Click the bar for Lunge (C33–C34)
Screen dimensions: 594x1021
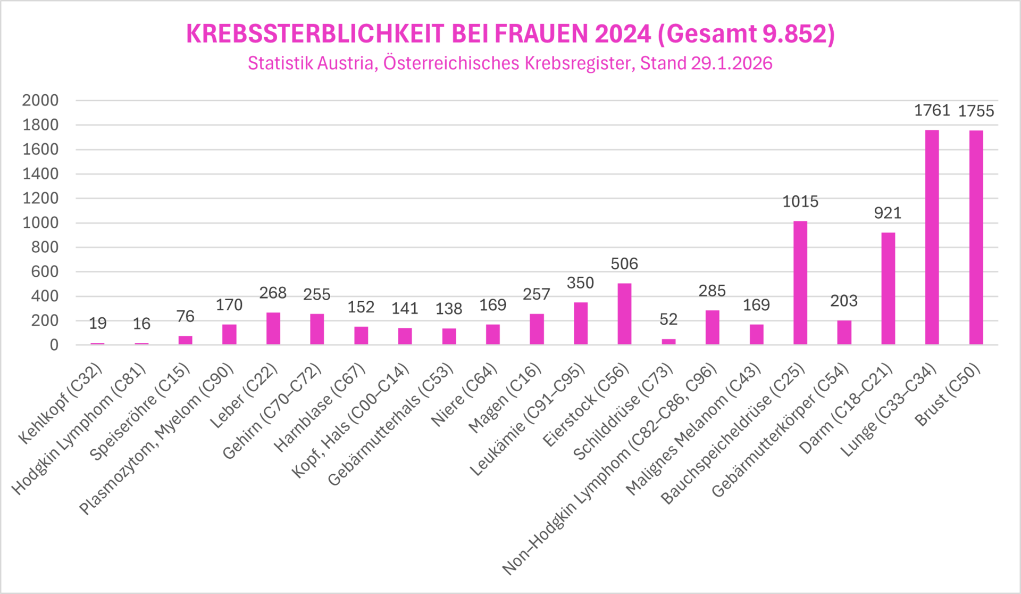pyautogui.click(x=932, y=237)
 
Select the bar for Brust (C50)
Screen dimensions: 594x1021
pyautogui.click(x=976, y=237)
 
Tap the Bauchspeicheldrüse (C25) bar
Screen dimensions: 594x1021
pyautogui.click(x=800, y=283)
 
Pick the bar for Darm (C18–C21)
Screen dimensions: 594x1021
pyautogui.click(x=888, y=288)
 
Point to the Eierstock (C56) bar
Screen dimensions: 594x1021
pyautogui.click(x=624, y=314)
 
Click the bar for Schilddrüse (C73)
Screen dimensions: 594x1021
pyautogui.click(x=668, y=342)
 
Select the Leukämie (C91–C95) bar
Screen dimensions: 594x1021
pyautogui.click(x=580, y=324)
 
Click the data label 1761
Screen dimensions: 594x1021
pyautogui.click(x=932, y=110)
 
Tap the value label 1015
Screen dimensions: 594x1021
pyautogui.click(x=800, y=201)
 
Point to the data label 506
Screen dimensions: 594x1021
pyautogui.click(x=624, y=263)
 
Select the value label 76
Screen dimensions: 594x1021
pyautogui.click(x=185, y=316)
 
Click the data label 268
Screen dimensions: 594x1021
pyautogui.click(x=273, y=293)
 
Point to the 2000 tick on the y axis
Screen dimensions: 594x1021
pyautogui.click(x=40, y=100)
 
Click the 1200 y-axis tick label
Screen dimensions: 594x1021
pyautogui.click(x=40, y=198)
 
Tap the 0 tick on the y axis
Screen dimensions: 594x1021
pyautogui.click(x=54, y=345)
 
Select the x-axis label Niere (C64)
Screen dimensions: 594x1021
pyautogui.click(x=464, y=395)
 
